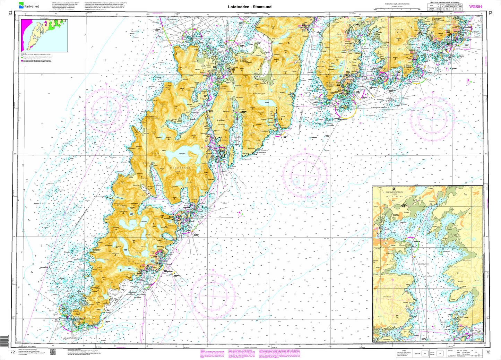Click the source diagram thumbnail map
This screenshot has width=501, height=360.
(x=44, y=35)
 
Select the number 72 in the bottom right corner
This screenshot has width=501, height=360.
(x=489, y=352)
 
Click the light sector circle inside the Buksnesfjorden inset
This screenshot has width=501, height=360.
(x=411, y=245)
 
